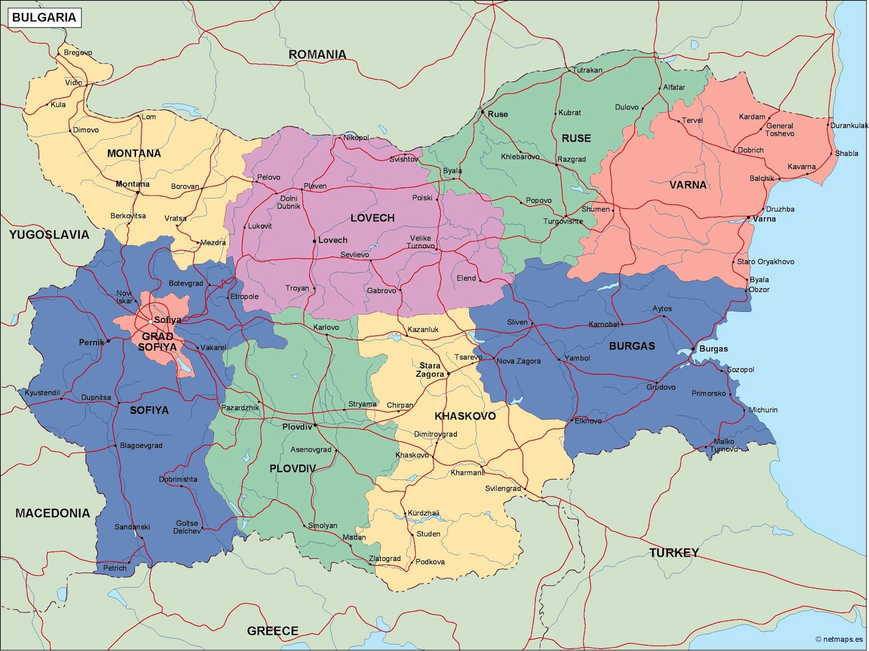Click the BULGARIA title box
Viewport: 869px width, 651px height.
point(44,17)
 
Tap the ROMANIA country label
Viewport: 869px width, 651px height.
point(317,55)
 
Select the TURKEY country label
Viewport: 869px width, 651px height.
point(674,552)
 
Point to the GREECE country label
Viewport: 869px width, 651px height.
point(272,631)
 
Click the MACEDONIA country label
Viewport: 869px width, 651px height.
point(53,513)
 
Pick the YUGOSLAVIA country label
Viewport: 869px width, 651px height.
point(49,234)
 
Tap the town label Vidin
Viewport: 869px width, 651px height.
point(73,83)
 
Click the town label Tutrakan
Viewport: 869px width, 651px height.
point(587,70)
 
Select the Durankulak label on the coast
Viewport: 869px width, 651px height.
point(849,125)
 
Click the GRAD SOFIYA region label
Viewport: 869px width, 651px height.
point(158,342)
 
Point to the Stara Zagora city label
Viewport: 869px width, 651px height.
point(430,370)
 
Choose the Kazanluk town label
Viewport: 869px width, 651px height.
point(423,329)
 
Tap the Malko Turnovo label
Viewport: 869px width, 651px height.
point(724,445)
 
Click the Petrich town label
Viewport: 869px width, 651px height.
point(115,568)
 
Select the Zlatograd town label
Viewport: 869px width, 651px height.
point(385,558)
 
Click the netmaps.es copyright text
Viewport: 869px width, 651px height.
point(839,639)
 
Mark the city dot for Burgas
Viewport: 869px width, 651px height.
point(693,349)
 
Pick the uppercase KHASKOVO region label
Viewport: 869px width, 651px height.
point(465,416)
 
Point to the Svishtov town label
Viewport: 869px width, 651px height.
point(404,160)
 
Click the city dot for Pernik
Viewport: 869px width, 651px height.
point(108,341)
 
